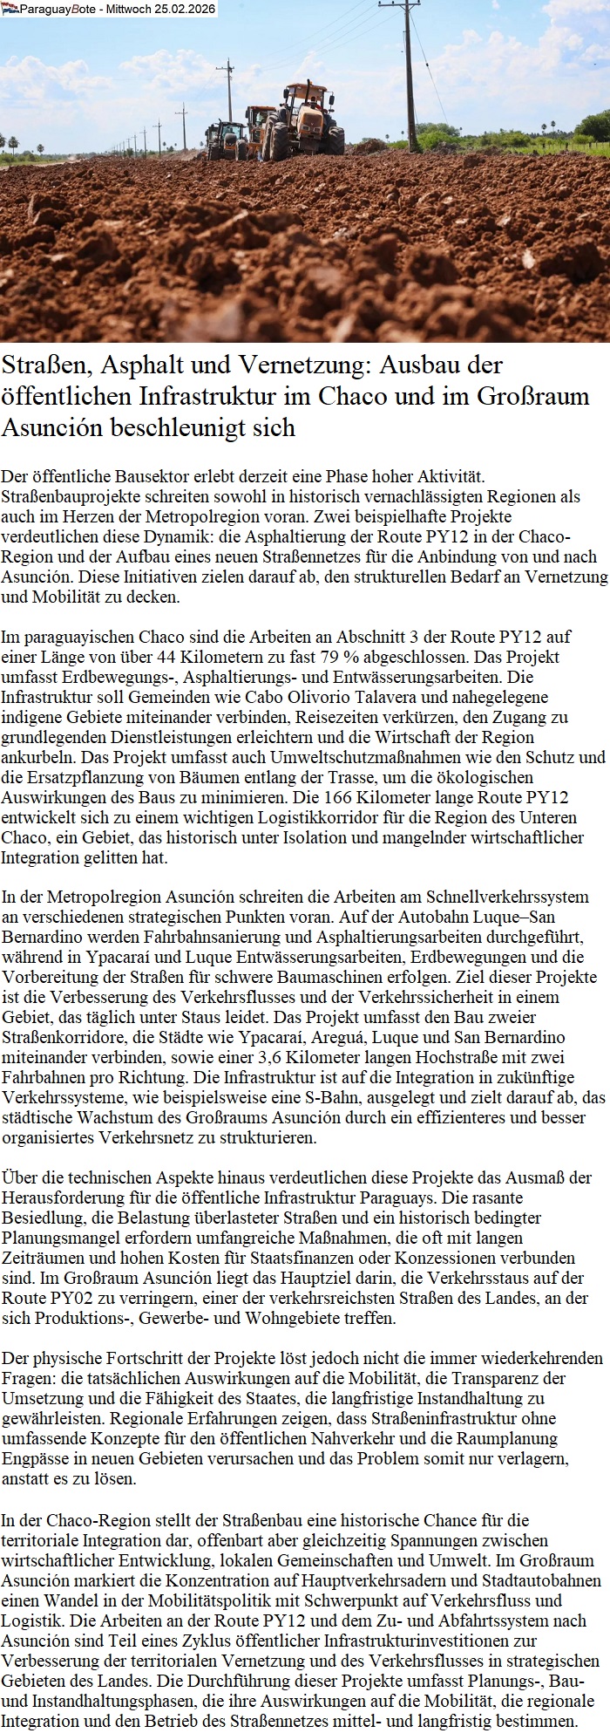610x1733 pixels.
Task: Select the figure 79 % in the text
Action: pos(336,657)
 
